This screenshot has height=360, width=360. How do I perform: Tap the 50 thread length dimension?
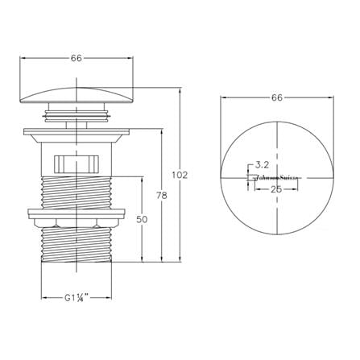[x=143, y=220]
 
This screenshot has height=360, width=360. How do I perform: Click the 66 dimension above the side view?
[x=77, y=58]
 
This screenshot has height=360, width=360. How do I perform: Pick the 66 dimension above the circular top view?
[x=276, y=97]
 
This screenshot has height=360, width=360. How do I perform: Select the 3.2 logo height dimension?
[x=261, y=164]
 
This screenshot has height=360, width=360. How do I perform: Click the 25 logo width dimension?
[x=276, y=188]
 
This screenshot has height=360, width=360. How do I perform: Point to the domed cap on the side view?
[x=77, y=95]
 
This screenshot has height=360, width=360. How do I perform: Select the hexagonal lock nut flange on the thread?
[x=77, y=217]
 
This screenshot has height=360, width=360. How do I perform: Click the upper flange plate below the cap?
[x=77, y=130]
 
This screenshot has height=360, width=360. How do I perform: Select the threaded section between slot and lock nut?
[x=77, y=189]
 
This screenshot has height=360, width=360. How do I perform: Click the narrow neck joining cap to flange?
[x=77, y=116]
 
